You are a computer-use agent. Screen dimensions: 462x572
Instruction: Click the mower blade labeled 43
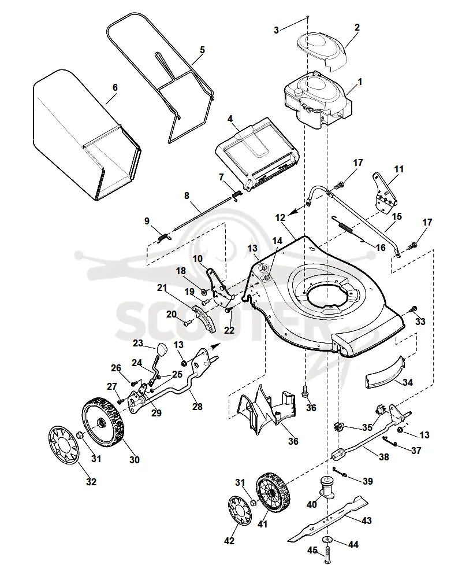pos(327,519)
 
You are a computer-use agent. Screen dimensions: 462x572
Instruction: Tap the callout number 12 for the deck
pos(280,218)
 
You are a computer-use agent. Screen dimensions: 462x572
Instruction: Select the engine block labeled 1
pos(318,101)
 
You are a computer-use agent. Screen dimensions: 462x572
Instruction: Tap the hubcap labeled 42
pos(240,511)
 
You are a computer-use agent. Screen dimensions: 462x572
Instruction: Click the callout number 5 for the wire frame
pos(202,50)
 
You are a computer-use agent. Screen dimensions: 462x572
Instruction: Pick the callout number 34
pos(407,382)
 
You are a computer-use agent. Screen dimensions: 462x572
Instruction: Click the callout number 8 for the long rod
pos(187,196)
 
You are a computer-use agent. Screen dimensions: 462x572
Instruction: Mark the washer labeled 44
pos(329,540)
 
